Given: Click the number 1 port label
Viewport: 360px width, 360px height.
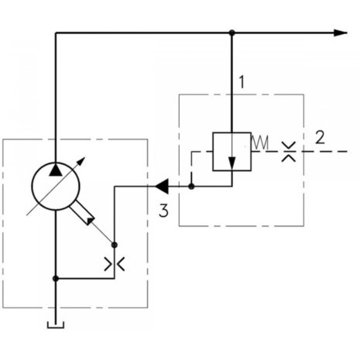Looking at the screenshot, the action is pyautogui.click(x=242, y=82).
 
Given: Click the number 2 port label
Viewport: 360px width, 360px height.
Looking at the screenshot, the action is pyautogui.click(x=320, y=138).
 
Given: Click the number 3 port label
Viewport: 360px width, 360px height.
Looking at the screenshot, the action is pyautogui.click(x=163, y=211).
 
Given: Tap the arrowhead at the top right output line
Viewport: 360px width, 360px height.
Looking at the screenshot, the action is pyautogui.click(x=341, y=33).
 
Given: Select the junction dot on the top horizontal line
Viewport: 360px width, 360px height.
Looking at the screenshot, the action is pyautogui.click(x=232, y=33).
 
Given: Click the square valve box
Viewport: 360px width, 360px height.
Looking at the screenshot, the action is pyautogui.click(x=231, y=152).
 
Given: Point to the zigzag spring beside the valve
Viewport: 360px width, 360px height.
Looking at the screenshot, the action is pyautogui.click(x=260, y=142).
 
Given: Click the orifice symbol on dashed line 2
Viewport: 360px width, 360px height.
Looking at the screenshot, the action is pyautogui.click(x=289, y=152).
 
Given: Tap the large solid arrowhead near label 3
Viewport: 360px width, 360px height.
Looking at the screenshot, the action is pyautogui.click(x=162, y=187).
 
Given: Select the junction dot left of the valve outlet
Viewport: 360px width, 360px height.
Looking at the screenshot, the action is pyautogui.click(x=191, y=187).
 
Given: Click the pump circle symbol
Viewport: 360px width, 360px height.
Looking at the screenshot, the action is pyautogui.click(x=56, y=187).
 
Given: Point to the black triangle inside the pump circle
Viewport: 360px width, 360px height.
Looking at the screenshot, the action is pyautogui.click(x=56, y=170).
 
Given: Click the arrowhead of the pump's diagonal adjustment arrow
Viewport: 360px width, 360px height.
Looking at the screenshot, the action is pyautogui.click(x=81, y=160).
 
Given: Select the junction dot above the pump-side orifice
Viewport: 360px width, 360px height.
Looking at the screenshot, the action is pyautogui.click(x=115, y=245).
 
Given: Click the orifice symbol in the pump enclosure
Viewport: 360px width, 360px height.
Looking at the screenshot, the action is pyautogui.click(x=115, y=264).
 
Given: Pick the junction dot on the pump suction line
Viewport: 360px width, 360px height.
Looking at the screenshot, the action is pyautogui.click(x=56, y=279).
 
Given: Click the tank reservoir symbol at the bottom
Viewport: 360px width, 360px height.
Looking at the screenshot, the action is pyautogui.click(x=56, y=325).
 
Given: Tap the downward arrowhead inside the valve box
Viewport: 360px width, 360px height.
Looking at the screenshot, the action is pyautogui.click(x=232, y=163).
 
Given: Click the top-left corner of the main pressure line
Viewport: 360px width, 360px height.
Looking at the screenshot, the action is pyautogui.click(x=56, y=33).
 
